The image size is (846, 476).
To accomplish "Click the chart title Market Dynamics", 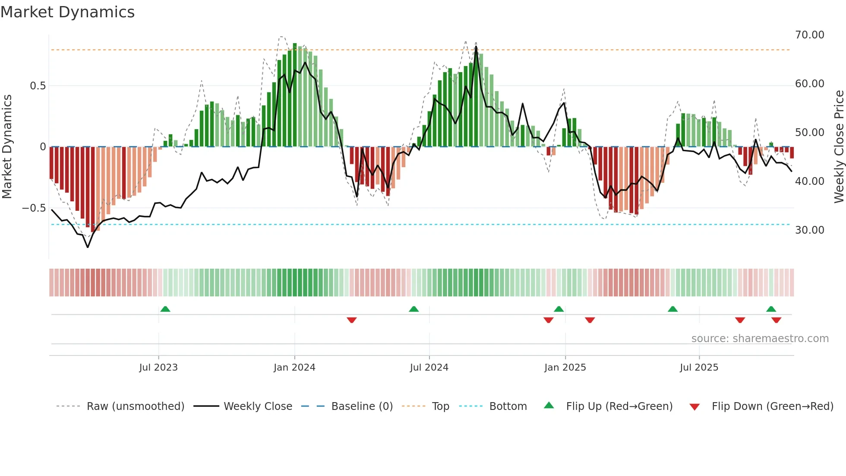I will (x=68, y=12).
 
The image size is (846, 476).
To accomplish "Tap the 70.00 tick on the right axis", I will (x=809, y=35).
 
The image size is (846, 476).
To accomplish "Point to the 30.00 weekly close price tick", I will (x=809, y=230).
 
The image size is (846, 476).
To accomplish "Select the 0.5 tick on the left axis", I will (x=38, y=86).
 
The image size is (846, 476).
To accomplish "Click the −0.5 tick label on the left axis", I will (x=34, y=208).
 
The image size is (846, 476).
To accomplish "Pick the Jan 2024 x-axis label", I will (x=294, y=368).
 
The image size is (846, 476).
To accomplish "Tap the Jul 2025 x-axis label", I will (x=699, y=368).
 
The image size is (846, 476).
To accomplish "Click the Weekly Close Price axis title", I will (x=839, y=146).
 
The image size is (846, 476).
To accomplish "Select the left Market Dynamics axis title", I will (x=7, y=146).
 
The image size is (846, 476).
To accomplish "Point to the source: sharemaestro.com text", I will (x=760, y=339).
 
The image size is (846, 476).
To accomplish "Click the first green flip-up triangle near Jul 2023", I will (x=165, y=309).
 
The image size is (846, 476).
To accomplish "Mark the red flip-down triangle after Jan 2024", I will (x=352, y=320).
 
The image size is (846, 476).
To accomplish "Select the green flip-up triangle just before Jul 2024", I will (x=414, y=309).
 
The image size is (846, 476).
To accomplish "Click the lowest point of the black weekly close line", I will (x=88, y=248).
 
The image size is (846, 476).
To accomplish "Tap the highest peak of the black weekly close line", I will (x=476, y=47).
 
